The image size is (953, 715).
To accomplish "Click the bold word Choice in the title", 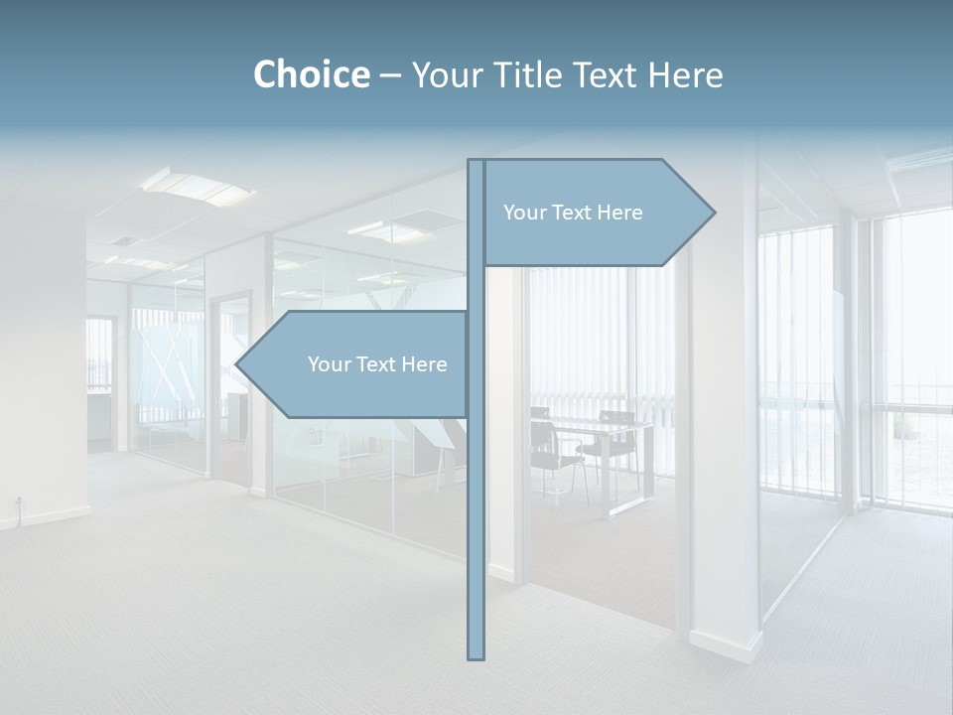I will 311,74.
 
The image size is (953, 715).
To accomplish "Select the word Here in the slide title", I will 685,74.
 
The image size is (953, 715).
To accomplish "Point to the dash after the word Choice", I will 390,75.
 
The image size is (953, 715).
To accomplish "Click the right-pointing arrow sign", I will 596,213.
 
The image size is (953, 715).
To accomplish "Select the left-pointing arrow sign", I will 357,364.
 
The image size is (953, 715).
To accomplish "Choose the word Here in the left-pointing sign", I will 424,364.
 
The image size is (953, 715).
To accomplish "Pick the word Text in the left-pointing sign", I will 375,364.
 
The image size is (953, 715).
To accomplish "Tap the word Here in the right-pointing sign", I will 619,213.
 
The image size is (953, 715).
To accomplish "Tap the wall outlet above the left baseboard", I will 17,500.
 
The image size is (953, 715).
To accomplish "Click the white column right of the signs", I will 725,447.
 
